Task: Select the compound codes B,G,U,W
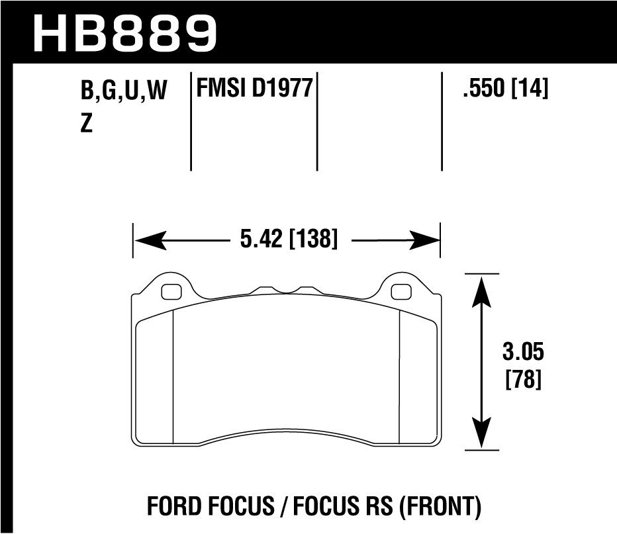pyautogui.click(x=123, y=91)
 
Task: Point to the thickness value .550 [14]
pyautogui.click(x=506, y=89)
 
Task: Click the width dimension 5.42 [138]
pyautogui.click(x=289, y=238)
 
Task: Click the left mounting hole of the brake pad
pyautogui.click(x=171, y=290)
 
